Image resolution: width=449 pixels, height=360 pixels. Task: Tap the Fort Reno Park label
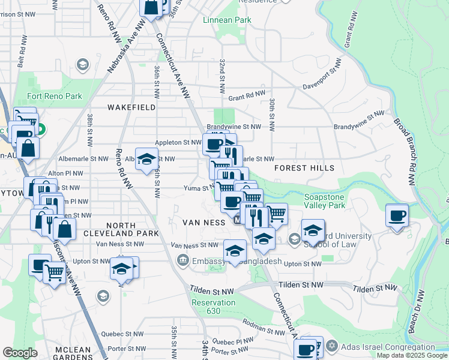(54, 96)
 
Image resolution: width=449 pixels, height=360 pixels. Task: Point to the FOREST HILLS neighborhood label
(304, 169)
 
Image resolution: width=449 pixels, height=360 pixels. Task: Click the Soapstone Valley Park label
(325, 200)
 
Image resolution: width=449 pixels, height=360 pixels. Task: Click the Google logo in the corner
(20, 353)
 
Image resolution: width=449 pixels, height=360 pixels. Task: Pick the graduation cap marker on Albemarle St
(146, 159)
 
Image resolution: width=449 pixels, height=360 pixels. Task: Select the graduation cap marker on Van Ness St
(235, 250)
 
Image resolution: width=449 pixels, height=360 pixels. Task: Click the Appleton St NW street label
(178, 143)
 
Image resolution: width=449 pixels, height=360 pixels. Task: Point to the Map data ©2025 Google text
(411, 355)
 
